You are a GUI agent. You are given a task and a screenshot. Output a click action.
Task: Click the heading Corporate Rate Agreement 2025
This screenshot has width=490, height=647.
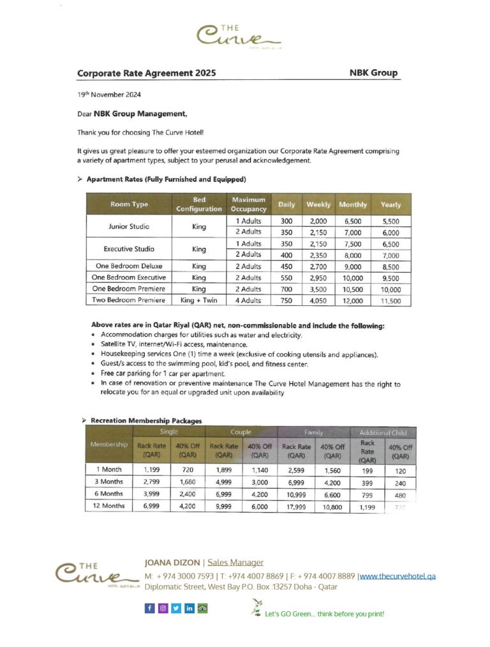point(146,73)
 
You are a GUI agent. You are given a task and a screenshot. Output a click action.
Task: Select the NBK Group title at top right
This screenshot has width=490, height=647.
point(373,73)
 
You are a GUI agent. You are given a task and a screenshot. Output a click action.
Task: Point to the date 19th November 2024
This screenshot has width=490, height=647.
point(109,95)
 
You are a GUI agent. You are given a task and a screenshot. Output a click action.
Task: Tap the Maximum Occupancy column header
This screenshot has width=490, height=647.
point(248,204)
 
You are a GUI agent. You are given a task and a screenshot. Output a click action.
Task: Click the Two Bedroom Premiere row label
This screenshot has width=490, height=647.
point(129,300)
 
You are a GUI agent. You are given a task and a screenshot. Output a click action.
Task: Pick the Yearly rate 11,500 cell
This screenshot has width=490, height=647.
point(390,300)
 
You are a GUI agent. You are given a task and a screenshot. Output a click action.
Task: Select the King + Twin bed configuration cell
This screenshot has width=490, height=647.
point(199,300)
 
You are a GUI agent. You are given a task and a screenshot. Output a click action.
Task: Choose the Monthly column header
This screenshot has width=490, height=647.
point(353,204)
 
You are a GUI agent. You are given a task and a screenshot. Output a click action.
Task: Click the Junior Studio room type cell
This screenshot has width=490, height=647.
point(129,226)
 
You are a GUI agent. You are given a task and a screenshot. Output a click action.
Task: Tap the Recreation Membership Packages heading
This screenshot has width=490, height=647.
point(146,421)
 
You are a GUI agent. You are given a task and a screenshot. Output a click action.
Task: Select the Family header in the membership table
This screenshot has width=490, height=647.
point(314,432)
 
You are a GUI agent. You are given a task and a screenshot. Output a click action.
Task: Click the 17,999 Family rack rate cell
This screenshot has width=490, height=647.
point(296,505)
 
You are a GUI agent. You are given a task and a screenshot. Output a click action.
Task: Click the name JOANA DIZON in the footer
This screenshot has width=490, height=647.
point(172,563)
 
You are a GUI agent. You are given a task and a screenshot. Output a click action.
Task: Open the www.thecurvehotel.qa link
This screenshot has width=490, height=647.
point(398,576)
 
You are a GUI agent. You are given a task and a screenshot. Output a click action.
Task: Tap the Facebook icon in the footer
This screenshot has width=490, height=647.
point(149,608)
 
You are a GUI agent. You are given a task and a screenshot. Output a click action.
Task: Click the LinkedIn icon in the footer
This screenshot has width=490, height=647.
point(189,608)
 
